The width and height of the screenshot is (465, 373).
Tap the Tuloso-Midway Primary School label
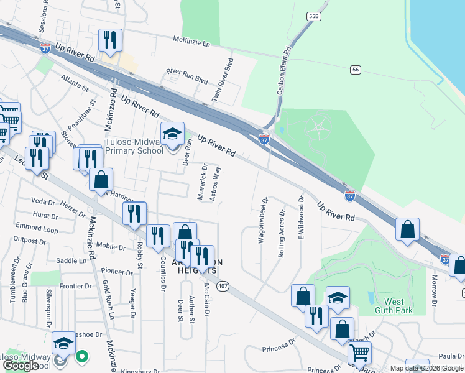tap(134, 146)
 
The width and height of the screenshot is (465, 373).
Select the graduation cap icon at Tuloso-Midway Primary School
tap(173, 134)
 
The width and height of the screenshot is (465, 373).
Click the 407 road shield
tap(223, 286)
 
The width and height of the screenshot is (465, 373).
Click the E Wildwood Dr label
tap(300, 218)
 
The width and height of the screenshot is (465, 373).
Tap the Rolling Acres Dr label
tap(282, 234)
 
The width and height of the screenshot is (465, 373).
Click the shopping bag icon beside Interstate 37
tap(407, 229)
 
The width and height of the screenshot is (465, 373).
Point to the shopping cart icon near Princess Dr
tap(359, 352)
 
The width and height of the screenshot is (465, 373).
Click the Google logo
tap(21, 366)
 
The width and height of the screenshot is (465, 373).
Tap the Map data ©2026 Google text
tap(426, 368)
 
